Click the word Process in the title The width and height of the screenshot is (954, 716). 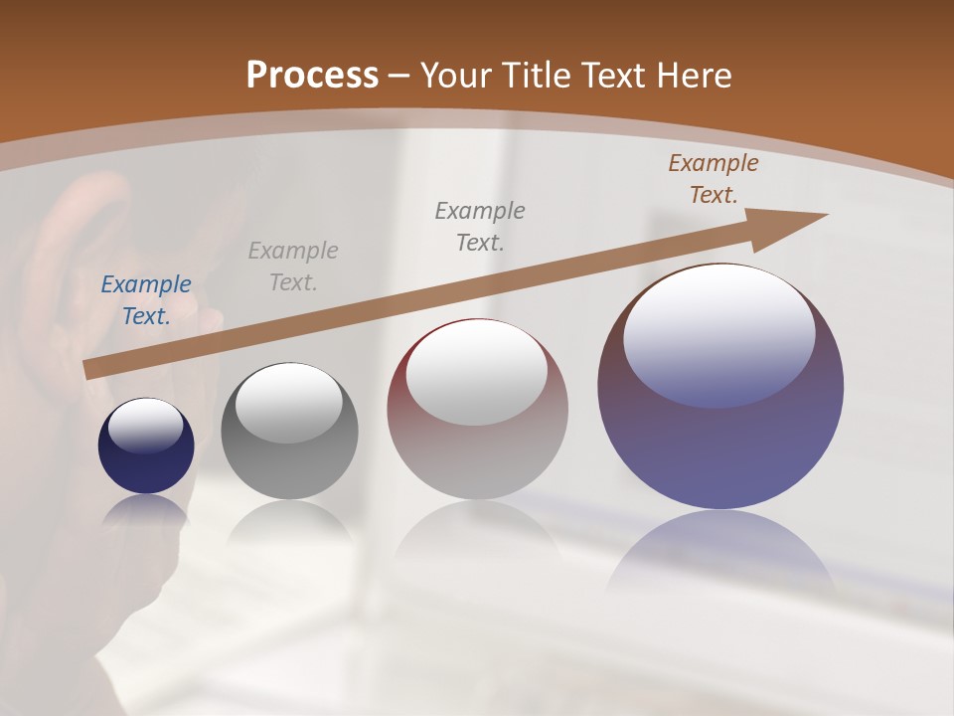click(x=312, y=76)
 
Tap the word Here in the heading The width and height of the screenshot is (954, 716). click(x=693, y=76)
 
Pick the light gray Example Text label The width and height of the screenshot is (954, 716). click(x=293, y=267)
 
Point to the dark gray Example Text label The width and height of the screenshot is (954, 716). click(x=480, y=226)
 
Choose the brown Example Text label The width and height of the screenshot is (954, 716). click(x=714, y=179)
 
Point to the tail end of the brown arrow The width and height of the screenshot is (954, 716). click(x=91, y=370)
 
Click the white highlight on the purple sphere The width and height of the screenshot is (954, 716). click(x=719, y=334)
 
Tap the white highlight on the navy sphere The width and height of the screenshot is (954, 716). click(x=146, y=426)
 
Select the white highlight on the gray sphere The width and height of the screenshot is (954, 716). click(x=289, y=402)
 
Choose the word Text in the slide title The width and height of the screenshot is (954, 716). click(x=608, y=76)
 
